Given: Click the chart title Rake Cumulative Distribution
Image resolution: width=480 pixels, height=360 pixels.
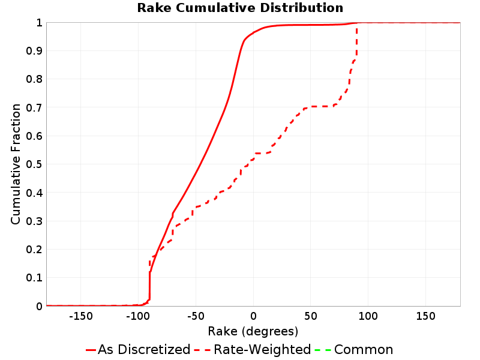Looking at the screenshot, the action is coord(240,8).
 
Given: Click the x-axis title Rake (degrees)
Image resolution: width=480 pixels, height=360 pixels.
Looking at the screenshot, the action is coord(253,331).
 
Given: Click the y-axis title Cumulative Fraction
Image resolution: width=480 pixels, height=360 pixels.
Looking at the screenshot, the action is coord(16,164).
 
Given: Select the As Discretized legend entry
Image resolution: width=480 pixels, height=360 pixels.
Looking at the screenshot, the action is coord(138,349).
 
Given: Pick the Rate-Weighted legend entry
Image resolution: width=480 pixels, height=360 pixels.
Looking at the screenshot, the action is coord(253,349).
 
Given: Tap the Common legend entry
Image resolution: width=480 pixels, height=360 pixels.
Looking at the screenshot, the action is coord(353,349).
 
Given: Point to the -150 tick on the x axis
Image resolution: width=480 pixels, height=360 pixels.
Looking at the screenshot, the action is coord(81,316).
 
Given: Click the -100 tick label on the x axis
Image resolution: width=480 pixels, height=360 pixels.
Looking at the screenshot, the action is coord(138,316).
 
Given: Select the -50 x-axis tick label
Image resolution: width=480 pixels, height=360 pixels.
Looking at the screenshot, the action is coord(196,316).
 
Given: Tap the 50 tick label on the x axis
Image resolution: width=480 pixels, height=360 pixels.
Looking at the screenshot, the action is coord(310,316).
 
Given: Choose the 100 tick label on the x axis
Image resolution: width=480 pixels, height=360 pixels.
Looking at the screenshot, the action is coord(368,316).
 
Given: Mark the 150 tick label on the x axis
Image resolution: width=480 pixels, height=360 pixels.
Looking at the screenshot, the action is coord(425,316).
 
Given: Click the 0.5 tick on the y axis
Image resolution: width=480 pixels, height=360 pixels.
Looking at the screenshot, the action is coord(34,164).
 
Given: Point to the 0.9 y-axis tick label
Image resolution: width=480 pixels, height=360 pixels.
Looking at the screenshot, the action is coord(34,51).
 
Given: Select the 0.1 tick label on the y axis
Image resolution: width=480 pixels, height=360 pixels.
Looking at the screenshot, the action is coord(34,278).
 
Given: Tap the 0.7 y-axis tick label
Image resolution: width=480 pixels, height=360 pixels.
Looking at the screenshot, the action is coord(34,107).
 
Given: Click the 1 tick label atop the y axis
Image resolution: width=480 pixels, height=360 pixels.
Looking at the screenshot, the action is coord(39,23).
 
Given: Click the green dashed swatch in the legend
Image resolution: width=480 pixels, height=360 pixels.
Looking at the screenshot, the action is coord(323,350).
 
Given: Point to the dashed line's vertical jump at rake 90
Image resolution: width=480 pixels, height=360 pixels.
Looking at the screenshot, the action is coord(356,41).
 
